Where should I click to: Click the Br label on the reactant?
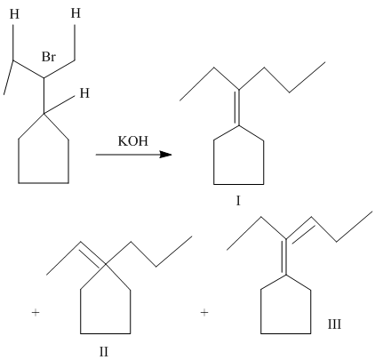coord(49,57)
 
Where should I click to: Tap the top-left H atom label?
coord(14,14)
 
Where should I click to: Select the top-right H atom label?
coord(76,13)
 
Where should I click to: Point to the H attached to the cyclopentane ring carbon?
coord(84,93)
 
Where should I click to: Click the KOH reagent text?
coord(133,141)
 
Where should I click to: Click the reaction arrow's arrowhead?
coord(165,155)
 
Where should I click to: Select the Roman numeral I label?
coord(238,201)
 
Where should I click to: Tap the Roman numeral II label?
coord(104,352)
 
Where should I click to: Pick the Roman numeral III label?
coord(334,324)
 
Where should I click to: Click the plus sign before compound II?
coord(36,312)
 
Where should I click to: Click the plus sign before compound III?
coord(204,312)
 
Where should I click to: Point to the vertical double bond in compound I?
coord(237,108)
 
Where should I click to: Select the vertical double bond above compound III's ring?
coord(284,257)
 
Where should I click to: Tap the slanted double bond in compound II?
coord(92,254)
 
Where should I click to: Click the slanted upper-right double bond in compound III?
coord(299,229)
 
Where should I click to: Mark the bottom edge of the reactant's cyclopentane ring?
coord(44,183)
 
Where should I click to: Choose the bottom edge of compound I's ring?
coord(239,184)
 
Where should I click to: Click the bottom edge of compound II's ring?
coord(106,333)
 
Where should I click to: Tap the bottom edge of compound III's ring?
coord(286,333)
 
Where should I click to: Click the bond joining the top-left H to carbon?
coord(13,43)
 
